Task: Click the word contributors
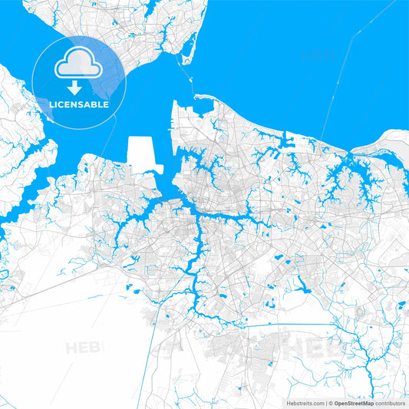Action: tap(390, 403)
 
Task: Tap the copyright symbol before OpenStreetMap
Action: tap(331, 403)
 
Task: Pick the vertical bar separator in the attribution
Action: tap(325, 403)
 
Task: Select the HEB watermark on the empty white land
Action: tap(84, 348)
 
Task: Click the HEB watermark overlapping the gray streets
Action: tap(307, 348)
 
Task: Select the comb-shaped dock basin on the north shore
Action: tap(289, 140)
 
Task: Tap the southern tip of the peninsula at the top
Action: tap(183, 61)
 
